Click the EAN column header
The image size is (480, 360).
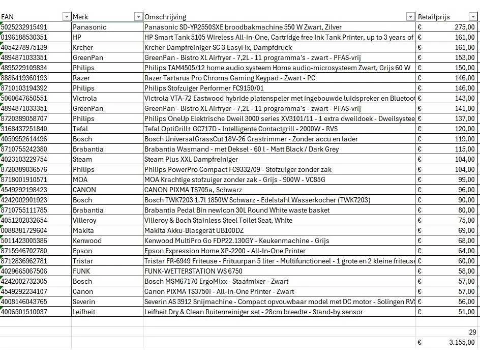8,17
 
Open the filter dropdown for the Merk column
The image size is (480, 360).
138,17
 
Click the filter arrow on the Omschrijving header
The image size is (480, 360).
410,17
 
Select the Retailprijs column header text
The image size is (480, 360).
434,17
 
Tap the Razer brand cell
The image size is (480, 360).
81,78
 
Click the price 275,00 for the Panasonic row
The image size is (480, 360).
464,27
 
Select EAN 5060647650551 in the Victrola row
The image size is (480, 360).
24,98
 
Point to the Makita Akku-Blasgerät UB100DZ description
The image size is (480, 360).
193,230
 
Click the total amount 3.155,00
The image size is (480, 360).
462,342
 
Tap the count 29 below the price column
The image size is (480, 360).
472,332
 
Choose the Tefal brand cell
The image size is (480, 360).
80,129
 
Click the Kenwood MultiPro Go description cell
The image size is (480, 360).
236,241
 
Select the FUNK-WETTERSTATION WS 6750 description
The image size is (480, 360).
193,271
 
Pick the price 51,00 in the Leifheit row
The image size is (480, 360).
466,312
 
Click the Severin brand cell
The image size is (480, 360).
84,302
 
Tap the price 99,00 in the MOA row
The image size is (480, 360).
466,179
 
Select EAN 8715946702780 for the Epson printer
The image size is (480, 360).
24,251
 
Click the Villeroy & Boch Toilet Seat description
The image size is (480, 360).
218,220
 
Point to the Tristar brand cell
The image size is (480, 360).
82,261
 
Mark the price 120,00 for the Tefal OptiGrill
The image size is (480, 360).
464,129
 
